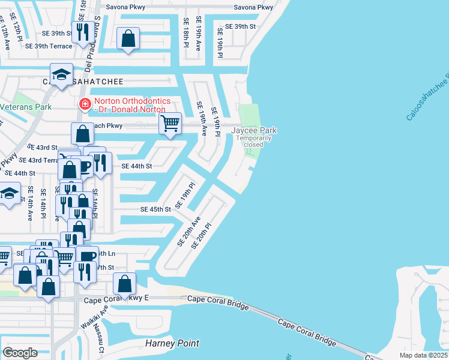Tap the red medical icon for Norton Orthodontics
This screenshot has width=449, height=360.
tap(85, 104)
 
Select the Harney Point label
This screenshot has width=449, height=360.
tap(172, 344)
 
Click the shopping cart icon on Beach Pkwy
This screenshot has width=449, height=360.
tap(170, 124)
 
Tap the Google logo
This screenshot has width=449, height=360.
tap(20, 352)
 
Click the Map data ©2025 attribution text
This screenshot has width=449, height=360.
tap(423, 355)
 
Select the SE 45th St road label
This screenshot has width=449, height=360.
tap(156, 209)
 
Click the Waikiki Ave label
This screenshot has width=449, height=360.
tap(88, 318)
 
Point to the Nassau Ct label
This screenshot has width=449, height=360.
tap(101, 338)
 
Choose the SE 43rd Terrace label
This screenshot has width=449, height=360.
tap(38, 160)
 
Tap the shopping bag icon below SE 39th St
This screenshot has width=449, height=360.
tap(128, 39)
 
